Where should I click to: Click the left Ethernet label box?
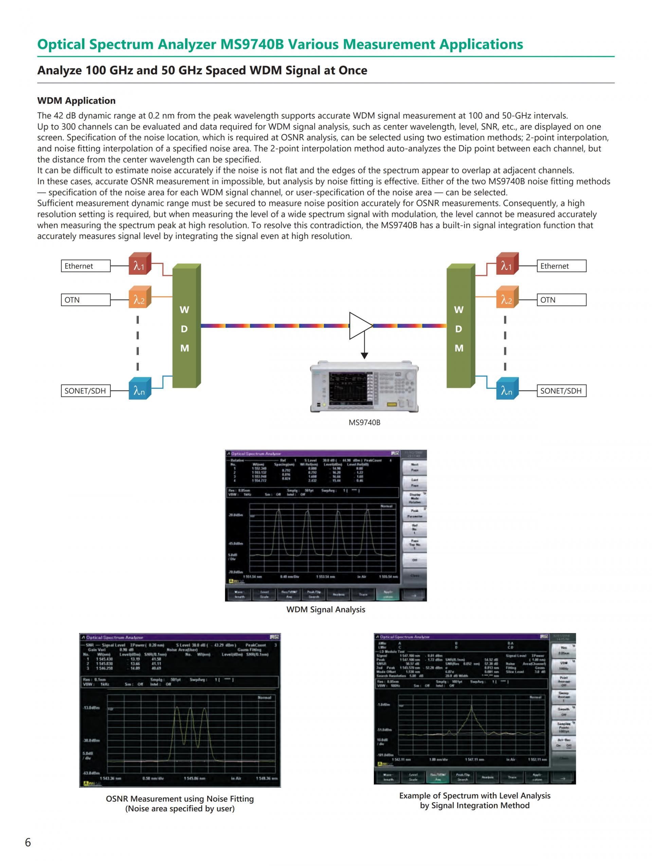(x=86, y=266)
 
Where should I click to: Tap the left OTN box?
(x=86, y=300)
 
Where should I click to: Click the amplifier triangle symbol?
(x=359, y=325)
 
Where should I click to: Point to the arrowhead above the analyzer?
(x=364, y=356)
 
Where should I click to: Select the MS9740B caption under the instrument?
(x=364, y=422)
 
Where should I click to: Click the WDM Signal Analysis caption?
(x=326, y=610)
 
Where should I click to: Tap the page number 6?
(x=28, y=842)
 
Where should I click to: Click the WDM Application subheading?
(x=76, y=101)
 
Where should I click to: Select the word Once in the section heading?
(x=352, y=71)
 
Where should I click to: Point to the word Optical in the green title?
(x=61, y=44)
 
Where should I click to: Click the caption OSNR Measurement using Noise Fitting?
(x=180, y=799)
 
